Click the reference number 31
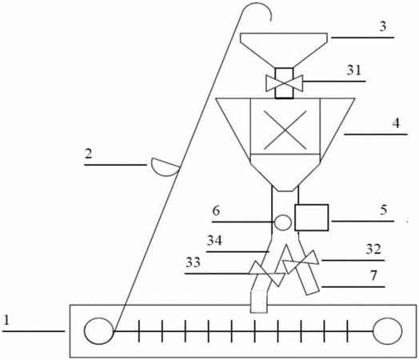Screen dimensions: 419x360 click(x=353, y=70)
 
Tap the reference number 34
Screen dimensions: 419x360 click(x=214, y=241)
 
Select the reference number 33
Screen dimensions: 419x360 click(x=193, y=262)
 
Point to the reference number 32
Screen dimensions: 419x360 click(x=373, y=249)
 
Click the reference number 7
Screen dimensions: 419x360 click(x=373, y=275)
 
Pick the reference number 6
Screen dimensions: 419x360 click(x=216, y=210)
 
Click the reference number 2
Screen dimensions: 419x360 click(x=89, y=154)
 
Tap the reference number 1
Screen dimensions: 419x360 click(x=6, y=320)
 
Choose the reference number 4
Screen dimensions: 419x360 click(x=396, y=123)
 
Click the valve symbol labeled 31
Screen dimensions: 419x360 click(x=285, y=83)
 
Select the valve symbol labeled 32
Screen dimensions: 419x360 click(x=301, y=262)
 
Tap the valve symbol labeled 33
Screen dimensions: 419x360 click(x=266, y=274)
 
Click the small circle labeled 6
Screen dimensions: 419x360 click(x=283, y=222)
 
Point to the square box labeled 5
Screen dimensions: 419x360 click(x=312, y=218)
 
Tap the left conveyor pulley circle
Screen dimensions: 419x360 click(x=98, y=331)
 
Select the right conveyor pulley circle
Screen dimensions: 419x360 click(x=387, y=331)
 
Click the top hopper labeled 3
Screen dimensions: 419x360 click(x=284, y=50)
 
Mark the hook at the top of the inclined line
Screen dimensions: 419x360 click(x=257, y=4)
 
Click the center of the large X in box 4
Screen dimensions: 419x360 click(x=285, y=130)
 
